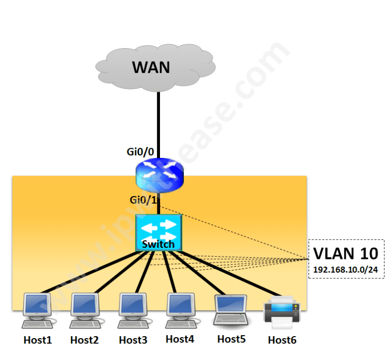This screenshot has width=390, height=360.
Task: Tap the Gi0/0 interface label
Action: coord(140,152)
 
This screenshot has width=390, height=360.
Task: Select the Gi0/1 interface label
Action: coord(143,200)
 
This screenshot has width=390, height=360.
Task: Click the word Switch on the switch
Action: coord(158,244)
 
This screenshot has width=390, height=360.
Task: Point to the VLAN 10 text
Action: coord(345,253)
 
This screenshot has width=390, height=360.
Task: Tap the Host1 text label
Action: coord(38,340)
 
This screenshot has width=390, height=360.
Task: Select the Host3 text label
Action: coord(133,340)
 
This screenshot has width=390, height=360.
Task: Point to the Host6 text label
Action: coord(282,340)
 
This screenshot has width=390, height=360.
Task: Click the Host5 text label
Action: coord(232,339)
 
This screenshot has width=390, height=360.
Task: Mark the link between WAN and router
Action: coord(158,122)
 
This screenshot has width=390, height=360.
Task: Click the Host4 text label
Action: coord(180,339)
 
